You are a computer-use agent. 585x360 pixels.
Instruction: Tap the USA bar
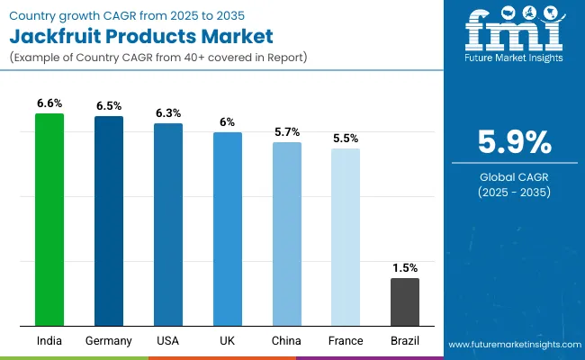tap(168, 224)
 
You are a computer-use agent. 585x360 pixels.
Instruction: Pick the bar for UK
tap(228, 229)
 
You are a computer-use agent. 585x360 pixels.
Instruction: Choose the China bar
tap(287, 234)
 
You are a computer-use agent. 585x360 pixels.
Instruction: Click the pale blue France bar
tap(346, 237)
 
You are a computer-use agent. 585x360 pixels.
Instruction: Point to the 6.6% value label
tap(49, 103)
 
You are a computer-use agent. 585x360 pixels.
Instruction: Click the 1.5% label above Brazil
tap(405, 268)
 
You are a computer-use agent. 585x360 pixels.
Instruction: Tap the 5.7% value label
tap(287, 132)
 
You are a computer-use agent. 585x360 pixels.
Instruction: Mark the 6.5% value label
tap(109, 106)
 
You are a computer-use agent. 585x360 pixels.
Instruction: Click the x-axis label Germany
tap(109, 341)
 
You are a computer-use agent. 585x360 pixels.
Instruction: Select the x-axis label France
tap(346, 341)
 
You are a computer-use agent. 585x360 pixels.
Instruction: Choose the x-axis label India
tap(49, 341)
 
